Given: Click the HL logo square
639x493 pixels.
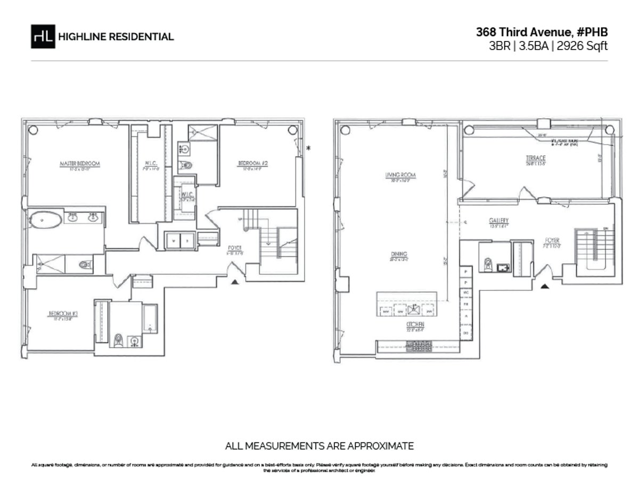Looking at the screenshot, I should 43,37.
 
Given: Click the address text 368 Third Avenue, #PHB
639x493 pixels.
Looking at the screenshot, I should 542,32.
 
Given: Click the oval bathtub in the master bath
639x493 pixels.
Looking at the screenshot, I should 45,220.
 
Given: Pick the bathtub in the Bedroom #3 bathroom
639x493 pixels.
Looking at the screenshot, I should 150,318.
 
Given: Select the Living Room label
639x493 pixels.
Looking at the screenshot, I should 400,174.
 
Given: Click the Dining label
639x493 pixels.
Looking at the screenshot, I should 399,254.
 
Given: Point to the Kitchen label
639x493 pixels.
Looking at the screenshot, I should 413,324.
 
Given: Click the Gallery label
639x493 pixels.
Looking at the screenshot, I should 498,220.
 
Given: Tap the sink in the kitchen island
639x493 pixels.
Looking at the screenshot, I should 414,310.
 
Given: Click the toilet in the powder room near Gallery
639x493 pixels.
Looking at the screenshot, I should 487,264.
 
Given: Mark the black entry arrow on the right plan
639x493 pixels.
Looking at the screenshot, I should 545,287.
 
